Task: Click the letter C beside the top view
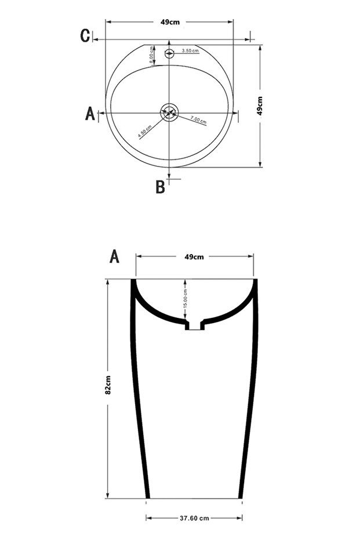point(85,36)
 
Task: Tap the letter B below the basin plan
point(160,187)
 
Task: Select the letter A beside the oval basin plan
point(90,113)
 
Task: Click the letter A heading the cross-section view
point(115,256)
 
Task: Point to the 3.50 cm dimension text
point(190,51)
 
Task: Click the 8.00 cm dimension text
point(150,54)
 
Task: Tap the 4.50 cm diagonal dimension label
point(145,131)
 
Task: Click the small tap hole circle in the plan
point(169,55)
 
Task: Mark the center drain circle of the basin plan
point(169,113)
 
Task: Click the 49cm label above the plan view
point(169,22)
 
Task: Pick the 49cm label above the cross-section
point(194,256)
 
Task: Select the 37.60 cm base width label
point(195,518)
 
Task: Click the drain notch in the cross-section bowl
point(195,325)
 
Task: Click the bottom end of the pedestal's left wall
point(147,496)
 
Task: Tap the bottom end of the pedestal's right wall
point(241,496)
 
